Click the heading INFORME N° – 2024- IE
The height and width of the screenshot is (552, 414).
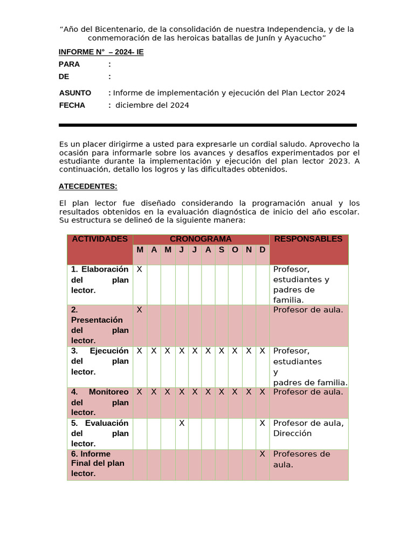coord(101,52)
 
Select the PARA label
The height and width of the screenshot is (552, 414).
coord(69,64)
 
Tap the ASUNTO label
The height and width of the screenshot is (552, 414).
coord(75,93)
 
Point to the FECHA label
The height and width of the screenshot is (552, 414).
coord(72,105)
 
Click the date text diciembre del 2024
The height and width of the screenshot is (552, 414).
coord(152,105)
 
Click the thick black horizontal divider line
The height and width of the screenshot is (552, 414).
coord(208,125)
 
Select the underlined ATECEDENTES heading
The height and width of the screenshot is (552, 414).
coord(88,186)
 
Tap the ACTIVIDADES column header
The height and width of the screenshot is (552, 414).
coord(100,239)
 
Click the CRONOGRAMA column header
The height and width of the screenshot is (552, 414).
coord(201,239)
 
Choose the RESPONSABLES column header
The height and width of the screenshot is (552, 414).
coord(308,239)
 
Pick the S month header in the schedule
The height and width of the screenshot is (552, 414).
coord(222,250)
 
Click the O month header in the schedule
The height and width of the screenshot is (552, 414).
coord(235,250)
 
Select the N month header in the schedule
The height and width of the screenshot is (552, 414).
coord(249,250)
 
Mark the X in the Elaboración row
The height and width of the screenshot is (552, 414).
coord(140,269)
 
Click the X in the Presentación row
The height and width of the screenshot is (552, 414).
coord(140,310)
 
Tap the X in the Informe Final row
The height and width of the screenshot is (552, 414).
coord(263,454)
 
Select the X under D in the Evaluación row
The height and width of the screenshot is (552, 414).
coord(263,423)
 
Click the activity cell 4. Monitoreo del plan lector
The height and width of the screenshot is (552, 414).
coord(100,402)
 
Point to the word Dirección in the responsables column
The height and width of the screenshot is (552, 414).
coord(292,433)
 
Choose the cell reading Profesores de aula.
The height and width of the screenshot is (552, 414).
coord(301,459)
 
